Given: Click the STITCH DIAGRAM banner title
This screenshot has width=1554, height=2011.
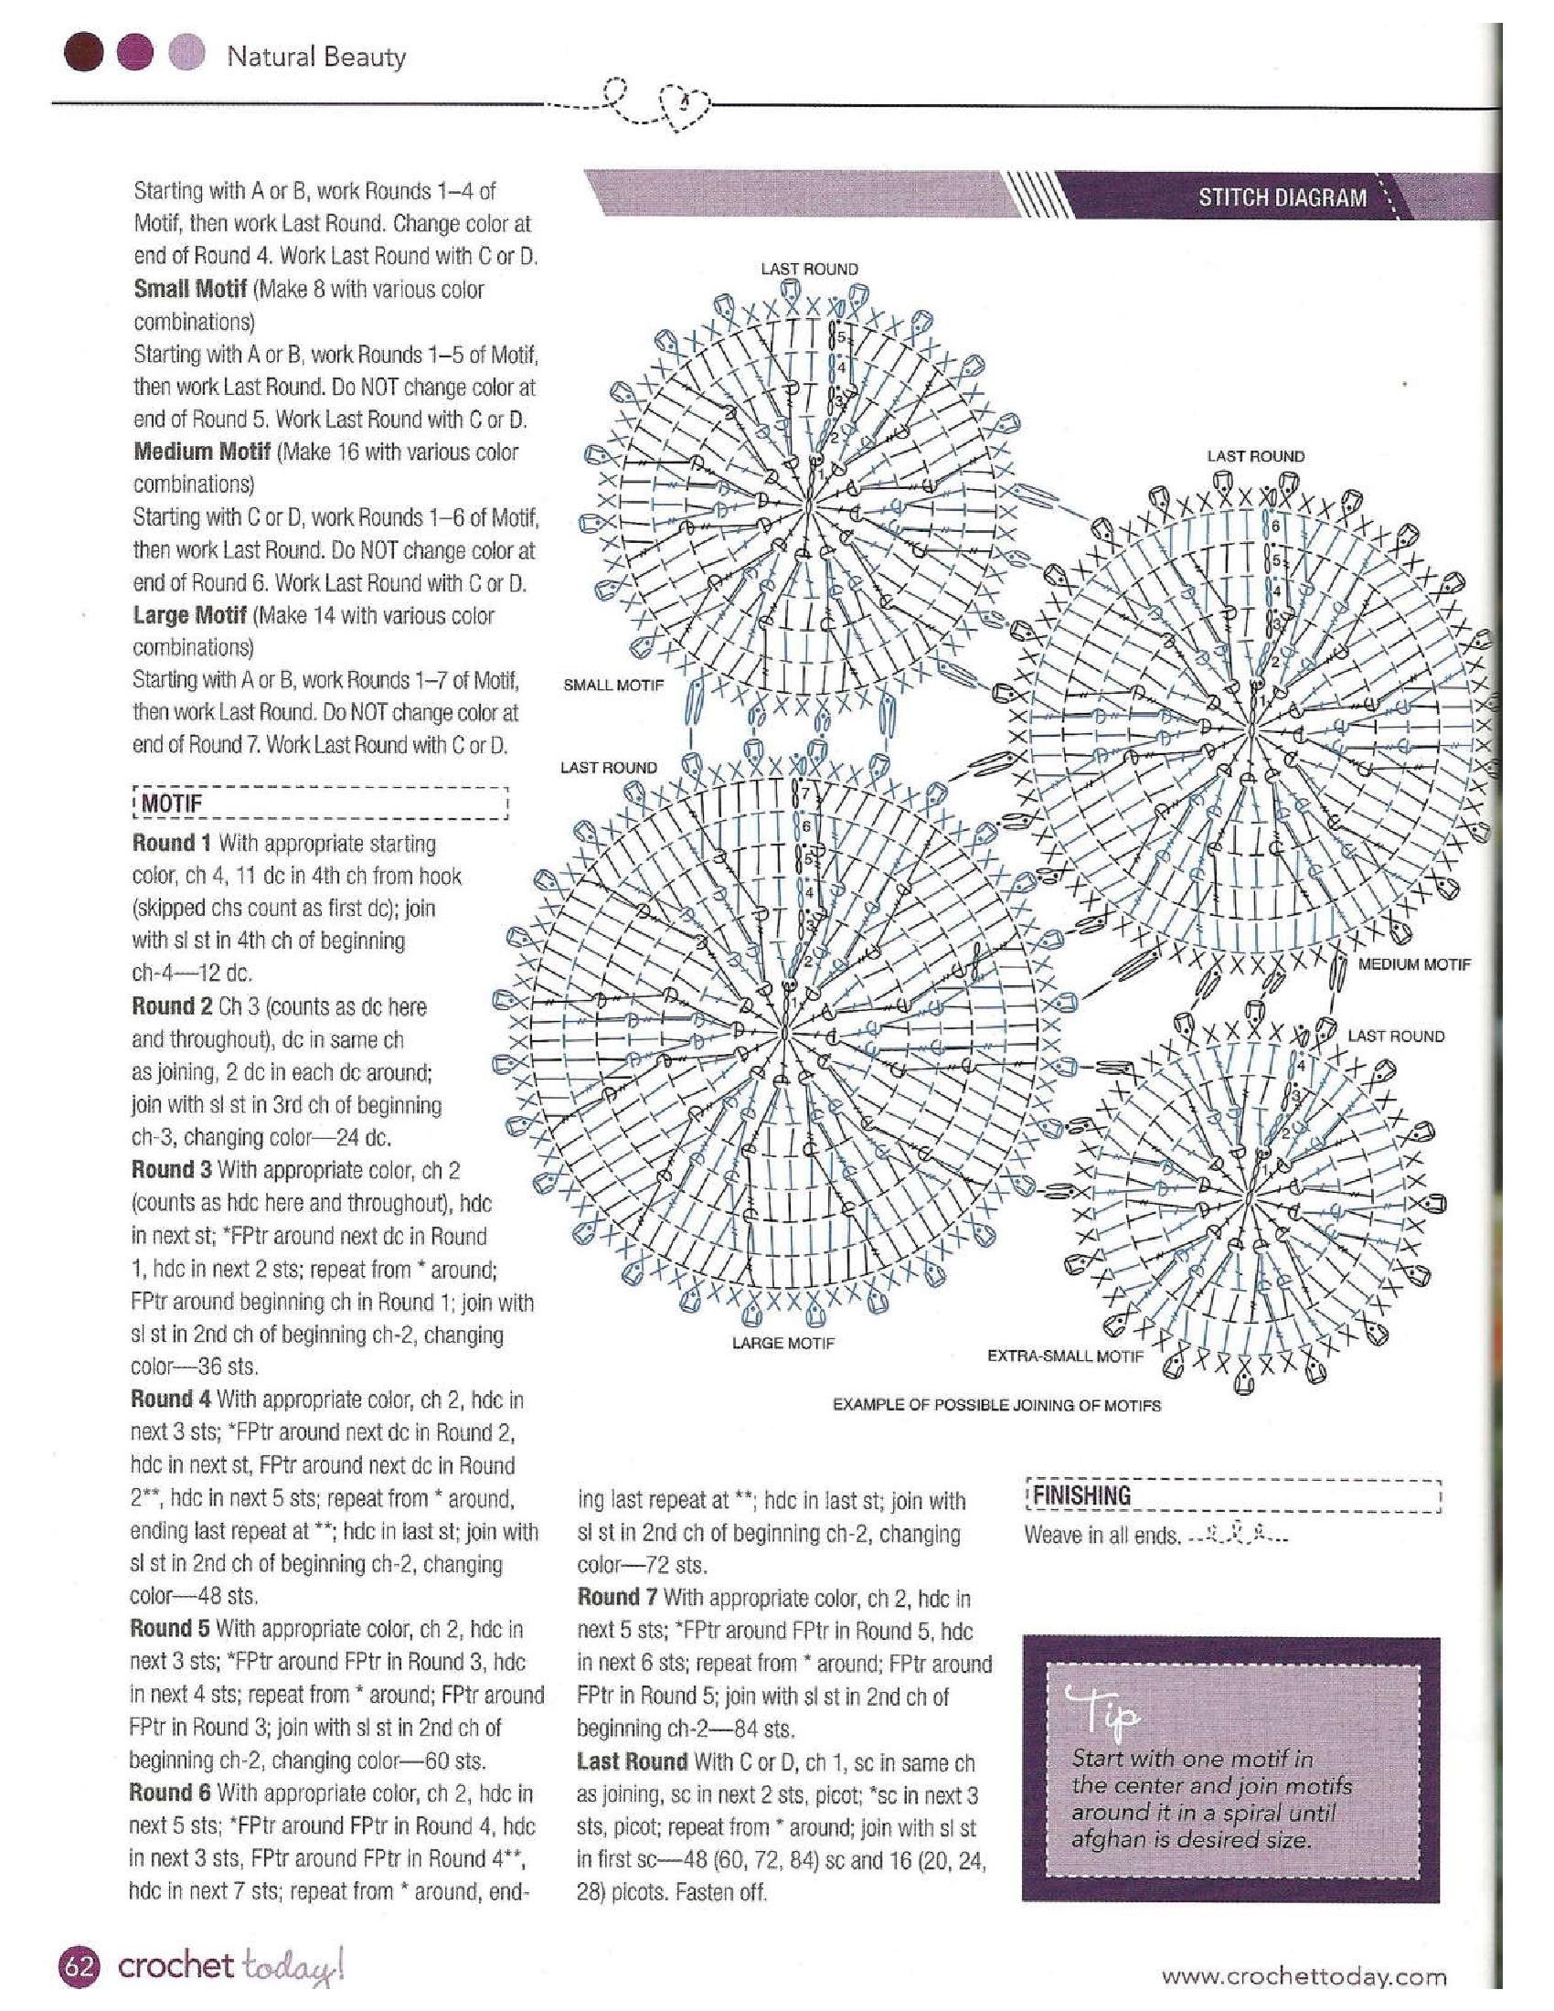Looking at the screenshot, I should (x=1282, y=197).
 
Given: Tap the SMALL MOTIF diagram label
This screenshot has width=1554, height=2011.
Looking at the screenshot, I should (x=612, y=685).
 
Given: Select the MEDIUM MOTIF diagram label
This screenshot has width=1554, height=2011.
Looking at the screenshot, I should (x=1414, y=964).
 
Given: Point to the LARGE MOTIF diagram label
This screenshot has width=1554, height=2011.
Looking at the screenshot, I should (x=782, y=1344).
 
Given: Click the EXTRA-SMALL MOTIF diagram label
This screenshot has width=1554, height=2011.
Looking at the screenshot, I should (x=1065, y=1356).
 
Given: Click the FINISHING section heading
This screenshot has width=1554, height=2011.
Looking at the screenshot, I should (x=1080, y=1495).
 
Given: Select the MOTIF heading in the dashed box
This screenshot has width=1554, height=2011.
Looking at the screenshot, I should (x=171, y=803).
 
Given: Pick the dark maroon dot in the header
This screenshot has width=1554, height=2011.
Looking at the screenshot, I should (x=84, y=54).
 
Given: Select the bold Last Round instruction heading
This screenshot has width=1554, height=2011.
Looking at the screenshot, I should (x=632, y=1761).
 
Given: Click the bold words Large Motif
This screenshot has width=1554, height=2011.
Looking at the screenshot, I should (x=188, y=615).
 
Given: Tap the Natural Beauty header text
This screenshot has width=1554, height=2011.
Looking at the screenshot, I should (x=315, y=57).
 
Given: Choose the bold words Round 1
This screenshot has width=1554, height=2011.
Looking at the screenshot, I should (x=171, y=844).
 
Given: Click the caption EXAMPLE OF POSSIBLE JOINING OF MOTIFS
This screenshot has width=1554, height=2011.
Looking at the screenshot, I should (x=996, y=1405).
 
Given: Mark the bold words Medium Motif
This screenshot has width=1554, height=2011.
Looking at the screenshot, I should (x=202, y=452).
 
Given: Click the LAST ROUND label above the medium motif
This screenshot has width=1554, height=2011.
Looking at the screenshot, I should (x=1255, y=456).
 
